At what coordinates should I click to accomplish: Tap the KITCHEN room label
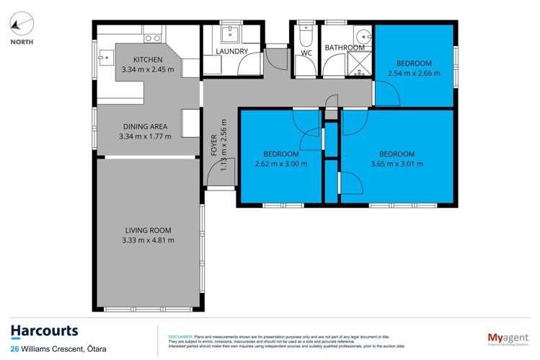[x=148, y=59]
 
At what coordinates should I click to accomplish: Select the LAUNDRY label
[x=232, y=51]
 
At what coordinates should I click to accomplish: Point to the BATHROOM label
[x=345, y=48]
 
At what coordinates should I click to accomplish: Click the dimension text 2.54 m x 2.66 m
[x=414, y=73]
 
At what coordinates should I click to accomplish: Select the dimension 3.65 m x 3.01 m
[x=397, y=164]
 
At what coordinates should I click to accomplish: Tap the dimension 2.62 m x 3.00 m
[x=280, y=164]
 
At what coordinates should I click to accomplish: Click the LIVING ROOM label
[x=148, y=230]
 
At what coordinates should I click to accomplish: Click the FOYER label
[x=213, y=145]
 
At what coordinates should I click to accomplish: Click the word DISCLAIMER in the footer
[x=180, y=336]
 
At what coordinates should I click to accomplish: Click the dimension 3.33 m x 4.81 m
[x=148, y=240]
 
